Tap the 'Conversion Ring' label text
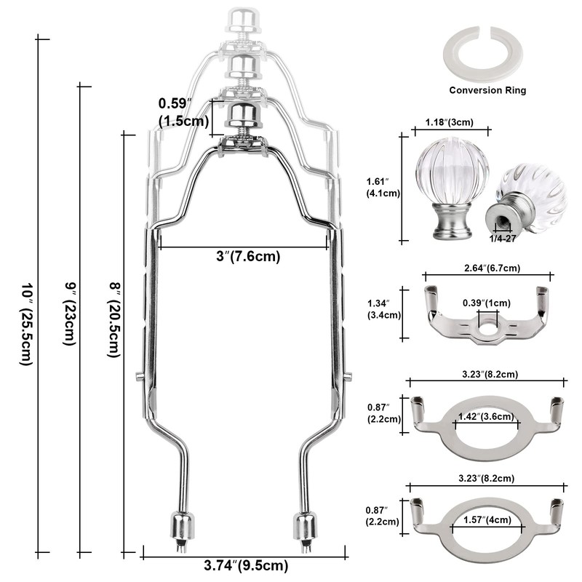487,90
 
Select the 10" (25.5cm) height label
26,324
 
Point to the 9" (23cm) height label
69,314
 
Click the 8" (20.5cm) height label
114,320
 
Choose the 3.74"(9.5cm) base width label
246,565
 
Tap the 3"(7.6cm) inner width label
248,256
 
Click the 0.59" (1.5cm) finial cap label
183,112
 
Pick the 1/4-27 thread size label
503,239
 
